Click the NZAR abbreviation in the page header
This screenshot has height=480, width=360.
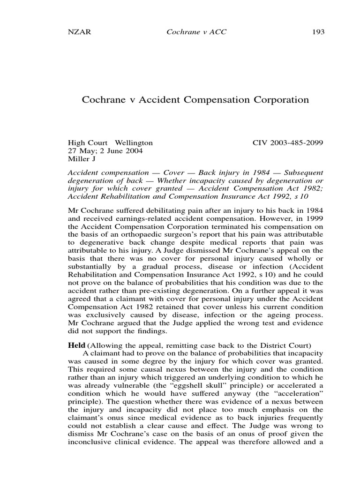(x=78, y=32)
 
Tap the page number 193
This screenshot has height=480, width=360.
(x=318, y=32)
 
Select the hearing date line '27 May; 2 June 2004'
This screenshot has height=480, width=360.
(x=105, y=151)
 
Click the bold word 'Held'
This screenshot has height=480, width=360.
(x=78, y=346)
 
